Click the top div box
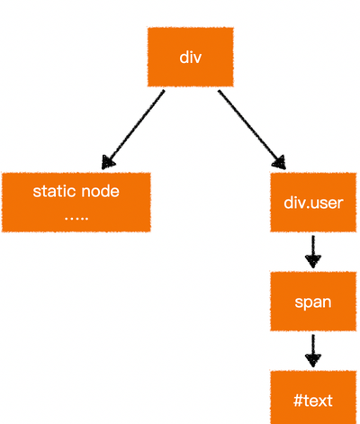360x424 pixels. coord(190,57)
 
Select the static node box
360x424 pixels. coord(76,203)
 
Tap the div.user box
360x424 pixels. coord(313,203)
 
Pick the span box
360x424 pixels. coord(313,302)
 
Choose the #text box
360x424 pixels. coord(313,397)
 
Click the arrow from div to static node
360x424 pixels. coord(133,130)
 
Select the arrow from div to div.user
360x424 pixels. coord(252,130)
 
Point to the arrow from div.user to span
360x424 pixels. coord(313,252)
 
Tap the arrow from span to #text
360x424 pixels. coord(313,351)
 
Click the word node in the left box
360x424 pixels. coord(101,192)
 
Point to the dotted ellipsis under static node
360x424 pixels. coord(76,218)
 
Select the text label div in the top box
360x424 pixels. coord(190,57)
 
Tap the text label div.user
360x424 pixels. coord(313,203)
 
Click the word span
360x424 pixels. coord(313,302)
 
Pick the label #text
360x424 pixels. coord(313,401)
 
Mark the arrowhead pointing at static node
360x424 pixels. coord(107,163)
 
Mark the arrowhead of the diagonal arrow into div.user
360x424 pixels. coord(280,163)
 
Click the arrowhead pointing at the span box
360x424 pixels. coord(313,261)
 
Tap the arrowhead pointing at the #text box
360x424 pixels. coord(313,360)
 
